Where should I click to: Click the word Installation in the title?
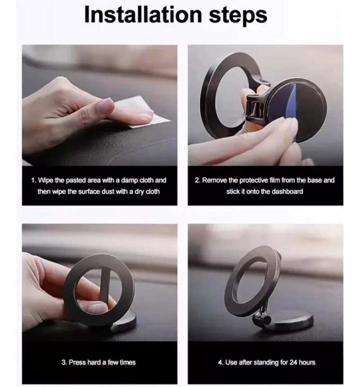(143, 14)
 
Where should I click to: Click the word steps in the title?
(238, 16)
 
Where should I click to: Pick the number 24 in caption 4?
(293, 362)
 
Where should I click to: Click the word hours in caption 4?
(307, 362)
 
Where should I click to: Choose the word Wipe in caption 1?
(45, 180)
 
